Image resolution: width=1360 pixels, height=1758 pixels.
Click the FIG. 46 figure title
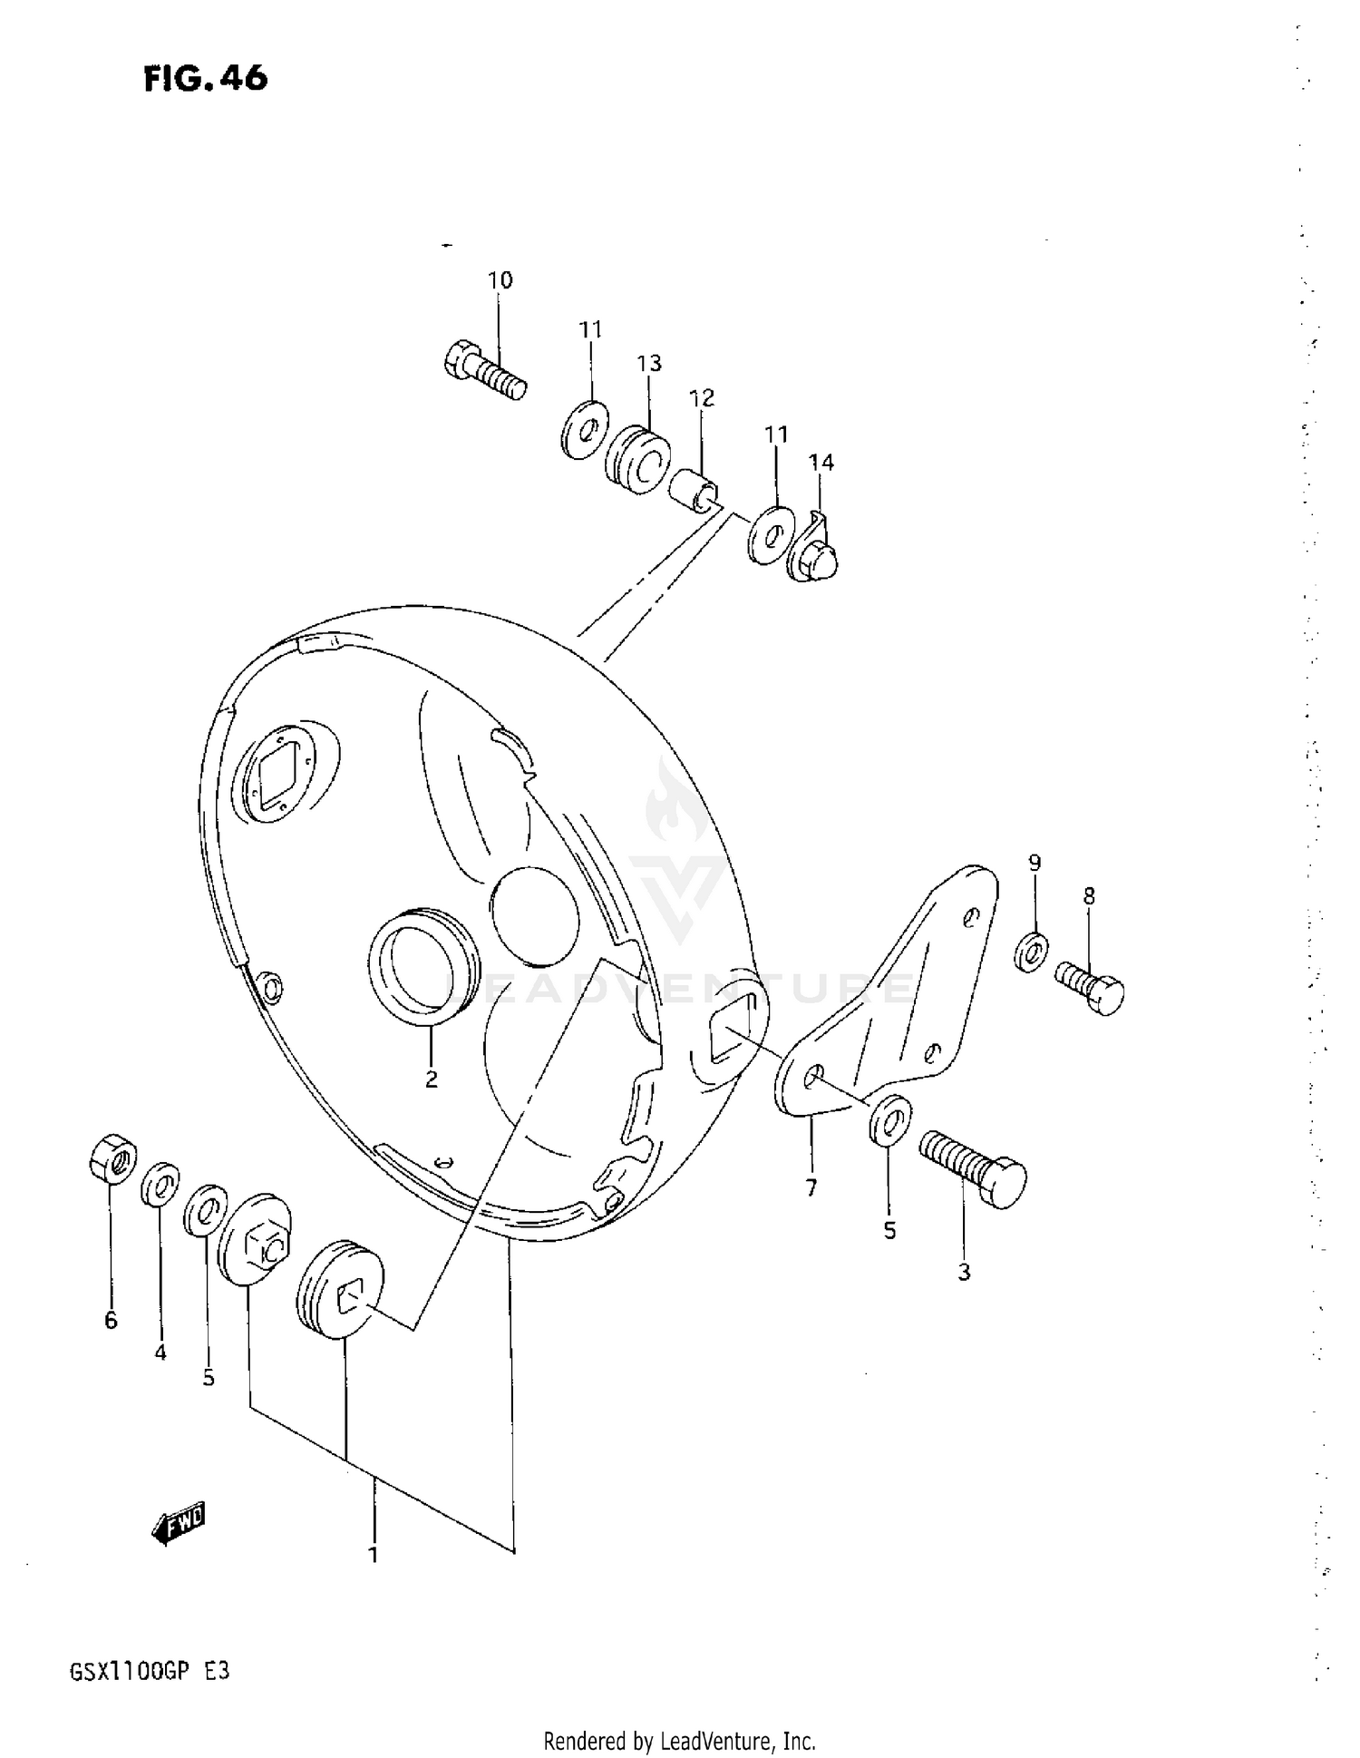click(206, 79)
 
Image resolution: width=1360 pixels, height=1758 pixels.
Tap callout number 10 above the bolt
click(500, 280)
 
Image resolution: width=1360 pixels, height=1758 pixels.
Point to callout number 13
click(649, 364)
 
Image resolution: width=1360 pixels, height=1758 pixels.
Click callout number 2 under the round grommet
click(432, 1079)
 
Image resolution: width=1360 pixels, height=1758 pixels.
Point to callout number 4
click(160, 1353)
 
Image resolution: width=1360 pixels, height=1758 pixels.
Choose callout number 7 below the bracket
click(811, 1187)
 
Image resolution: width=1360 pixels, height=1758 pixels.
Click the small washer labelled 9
click(1031, 950)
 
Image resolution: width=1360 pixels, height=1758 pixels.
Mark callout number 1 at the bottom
click(373, 1554)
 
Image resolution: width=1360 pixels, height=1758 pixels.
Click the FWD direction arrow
click(180, 1524)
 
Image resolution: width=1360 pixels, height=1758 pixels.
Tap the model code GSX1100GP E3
click(150, 1671)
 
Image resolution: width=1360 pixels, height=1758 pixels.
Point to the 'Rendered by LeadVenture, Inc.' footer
click(679, 1741)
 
